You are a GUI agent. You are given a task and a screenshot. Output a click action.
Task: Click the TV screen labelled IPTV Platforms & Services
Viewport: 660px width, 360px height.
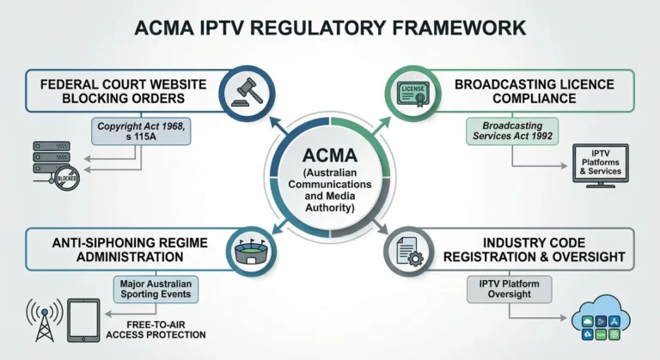click(x=601, y=163)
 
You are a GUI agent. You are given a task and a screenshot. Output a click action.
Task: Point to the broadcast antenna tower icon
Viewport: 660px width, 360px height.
click(x=42, y=320)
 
